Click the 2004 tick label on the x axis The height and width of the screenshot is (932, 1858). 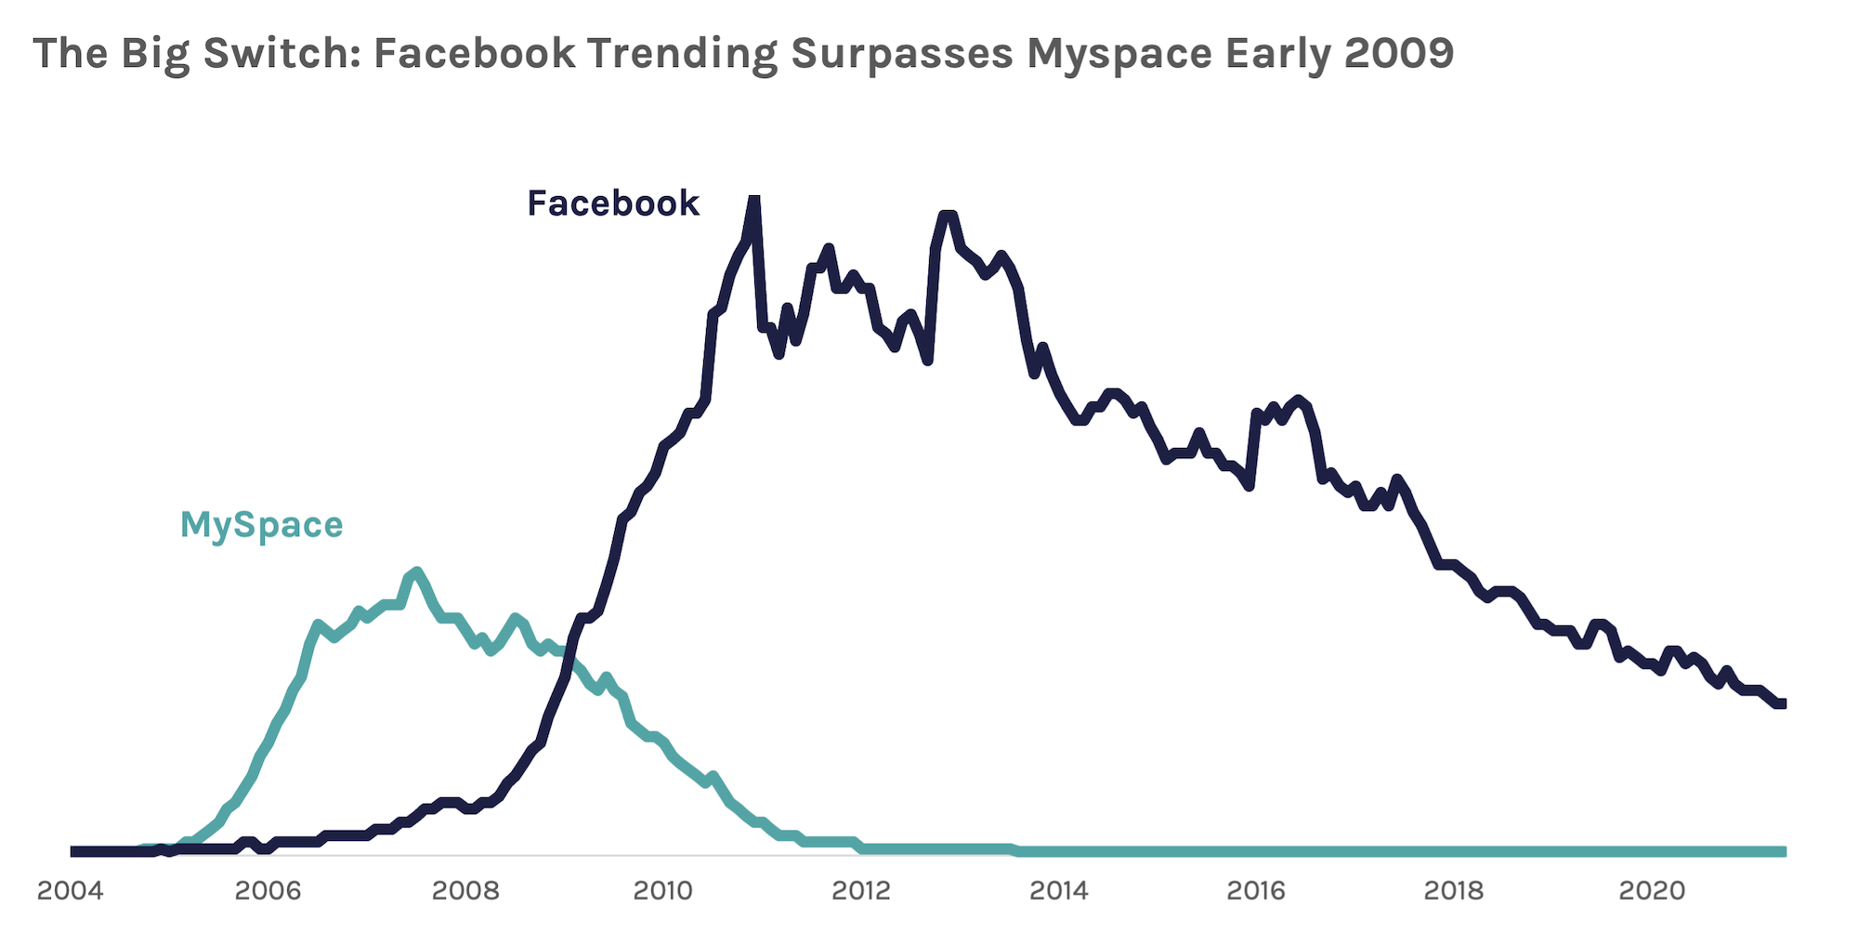(x=70, y=890)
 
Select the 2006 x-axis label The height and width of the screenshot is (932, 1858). (x=268, y=890)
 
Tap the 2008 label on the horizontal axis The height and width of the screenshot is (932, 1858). (x=465, y=890)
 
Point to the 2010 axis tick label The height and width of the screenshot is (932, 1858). (x=662, y=890)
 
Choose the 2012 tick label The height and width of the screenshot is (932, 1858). (x=860, y=890)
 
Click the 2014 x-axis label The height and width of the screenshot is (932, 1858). (x=1058, y=890)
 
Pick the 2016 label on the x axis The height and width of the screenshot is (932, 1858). (x=1256, y=890)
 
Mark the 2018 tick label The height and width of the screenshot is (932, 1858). (x=1453, y=890)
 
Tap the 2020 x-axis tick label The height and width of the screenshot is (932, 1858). (x=1652, y=890)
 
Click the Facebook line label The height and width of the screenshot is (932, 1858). (x=613, y=203)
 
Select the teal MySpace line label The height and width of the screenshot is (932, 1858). (x=261, y=526)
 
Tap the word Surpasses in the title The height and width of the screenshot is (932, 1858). (x=901, y=54)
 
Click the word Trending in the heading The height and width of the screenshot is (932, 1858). (x=682, y=54)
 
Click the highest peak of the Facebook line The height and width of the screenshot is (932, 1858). (x=754, y=199)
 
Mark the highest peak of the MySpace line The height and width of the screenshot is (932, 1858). (x=416, y=572)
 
